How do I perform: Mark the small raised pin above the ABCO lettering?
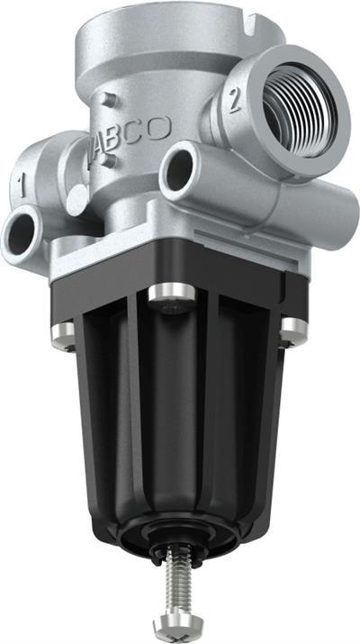tap(109, 99)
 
